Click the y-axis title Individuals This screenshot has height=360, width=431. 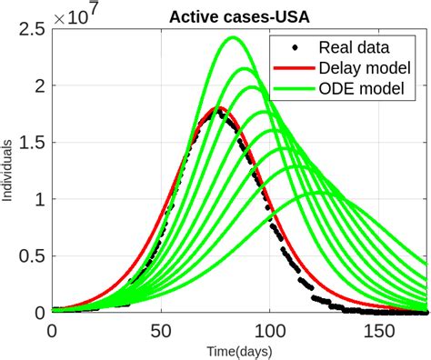7,168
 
